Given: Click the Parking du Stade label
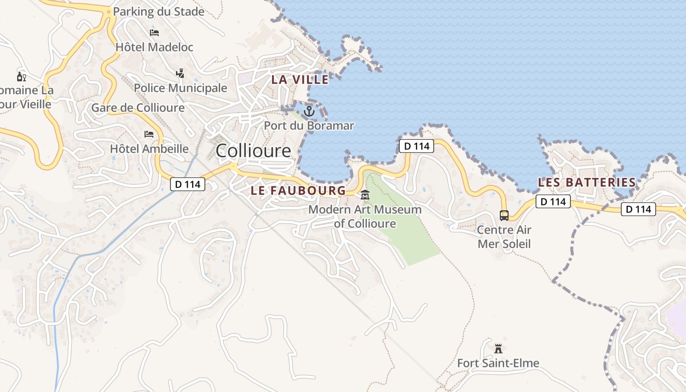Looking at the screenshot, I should coord(158,12).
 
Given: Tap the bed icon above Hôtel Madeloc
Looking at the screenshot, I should coord(154,33).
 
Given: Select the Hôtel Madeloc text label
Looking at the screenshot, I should coord(154,47).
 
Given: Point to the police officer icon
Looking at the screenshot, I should coord(180,73).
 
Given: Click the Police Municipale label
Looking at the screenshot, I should coord(180,88).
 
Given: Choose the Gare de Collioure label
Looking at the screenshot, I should coord(138,108).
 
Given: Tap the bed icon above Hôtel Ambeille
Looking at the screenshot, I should coord(149,134).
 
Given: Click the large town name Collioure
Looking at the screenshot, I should coord(253,150).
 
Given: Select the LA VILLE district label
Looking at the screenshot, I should coord(300,79).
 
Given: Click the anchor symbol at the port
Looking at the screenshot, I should coord(309,111).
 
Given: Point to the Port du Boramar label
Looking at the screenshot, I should coord(309,125).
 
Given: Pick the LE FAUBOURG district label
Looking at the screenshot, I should coord(298,191).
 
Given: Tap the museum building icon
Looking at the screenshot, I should coord(365,196).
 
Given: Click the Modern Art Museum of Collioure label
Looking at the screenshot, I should coord(365,217).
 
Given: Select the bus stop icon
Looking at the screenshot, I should coord(504,215).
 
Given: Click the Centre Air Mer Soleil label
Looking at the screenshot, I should coord(504,237).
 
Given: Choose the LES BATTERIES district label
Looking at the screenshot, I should coord(587,182).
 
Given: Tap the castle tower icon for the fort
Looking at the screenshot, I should coord(498,349).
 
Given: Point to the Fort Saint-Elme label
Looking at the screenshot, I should coord(498,363).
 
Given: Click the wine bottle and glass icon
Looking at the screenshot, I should coord(22,76).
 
